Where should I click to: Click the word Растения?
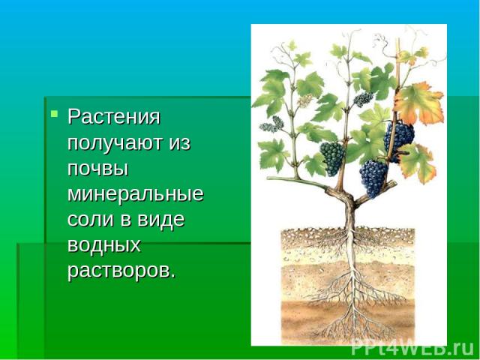pyautogui.click(x=114, y=117)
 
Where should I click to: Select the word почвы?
pyautogui.click(x=97, y=169)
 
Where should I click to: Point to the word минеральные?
pyautogui.click(x=135, y=193)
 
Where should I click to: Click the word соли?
pyautogui.click(x=91, y=220)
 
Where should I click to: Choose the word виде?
pyautogui.click(x=161, y=220)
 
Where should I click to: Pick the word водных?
pyautogui.click(x=104, y=245)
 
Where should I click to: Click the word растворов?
pyautogui.click(x=121, y=271)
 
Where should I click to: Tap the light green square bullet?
pyautogui.click(x=55, y=114)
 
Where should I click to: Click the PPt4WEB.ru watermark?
pyautogui.click(x=412, y=348)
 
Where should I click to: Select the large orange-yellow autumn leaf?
pyautogui.click(x=418, y=103)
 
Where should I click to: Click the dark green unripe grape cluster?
pyautogui.click(x=332, y=158)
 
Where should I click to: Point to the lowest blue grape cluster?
pyautogui.click(x=373, y=178)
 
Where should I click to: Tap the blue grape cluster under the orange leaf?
pyautogui.click(x=399, y=136)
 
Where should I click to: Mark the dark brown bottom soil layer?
pyautogui.click(x=348, y=322)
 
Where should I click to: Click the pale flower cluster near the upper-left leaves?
pyautogui.click(x=305, y=100)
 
